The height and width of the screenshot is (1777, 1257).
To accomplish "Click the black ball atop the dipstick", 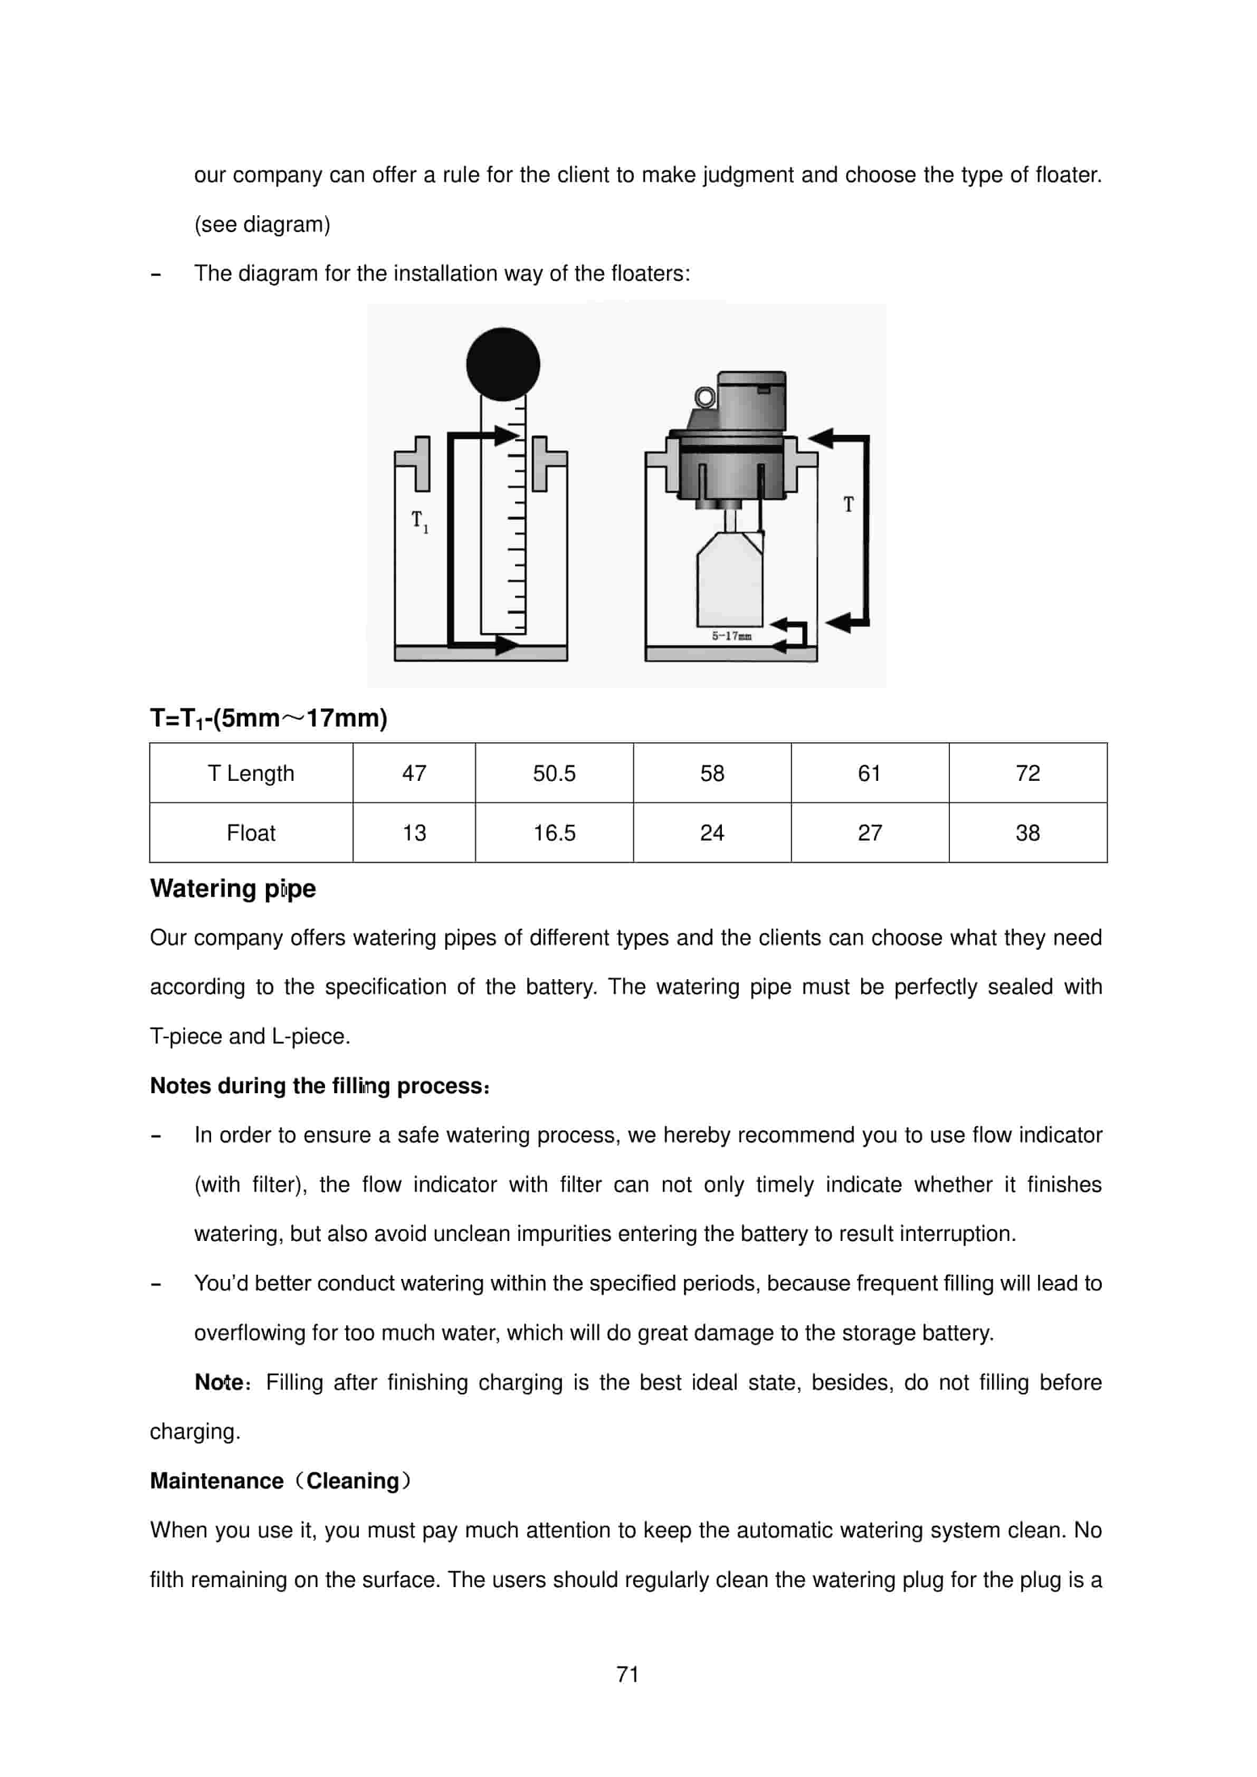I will point(502,364).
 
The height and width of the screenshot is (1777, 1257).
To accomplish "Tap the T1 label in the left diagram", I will point(420,521).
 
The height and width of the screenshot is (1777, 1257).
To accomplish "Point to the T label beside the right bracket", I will point(849,504).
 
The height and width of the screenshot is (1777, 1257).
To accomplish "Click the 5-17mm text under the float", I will point(731,636).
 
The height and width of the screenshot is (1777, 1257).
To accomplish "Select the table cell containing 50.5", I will point(554,773).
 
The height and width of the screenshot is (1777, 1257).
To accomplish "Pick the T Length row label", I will point(251,773).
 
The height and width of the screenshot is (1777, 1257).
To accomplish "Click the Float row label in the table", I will point(251,833).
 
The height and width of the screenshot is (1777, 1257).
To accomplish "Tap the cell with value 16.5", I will point(554,833).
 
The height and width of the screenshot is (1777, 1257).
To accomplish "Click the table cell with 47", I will point(414,773).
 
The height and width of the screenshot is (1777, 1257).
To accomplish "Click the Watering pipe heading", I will point(233,888).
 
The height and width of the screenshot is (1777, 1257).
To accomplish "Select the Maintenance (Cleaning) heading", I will point(280,1480).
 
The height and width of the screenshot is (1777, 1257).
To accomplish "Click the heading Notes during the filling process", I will point(319,1086).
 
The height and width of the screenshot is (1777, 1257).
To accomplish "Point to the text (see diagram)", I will point(262,224).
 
